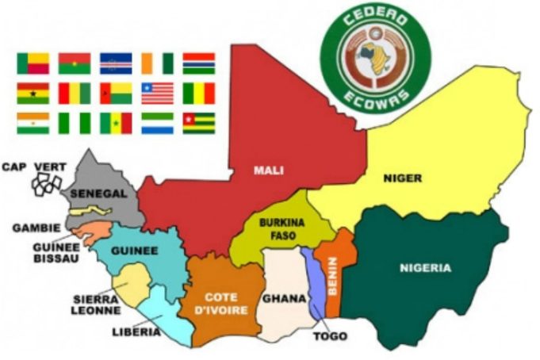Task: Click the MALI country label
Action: [269, 170]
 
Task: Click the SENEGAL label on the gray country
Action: [99, 193]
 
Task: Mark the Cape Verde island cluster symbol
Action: [46, 184]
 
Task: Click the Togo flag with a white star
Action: [199, 123]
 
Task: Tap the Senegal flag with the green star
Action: [116, 123]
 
